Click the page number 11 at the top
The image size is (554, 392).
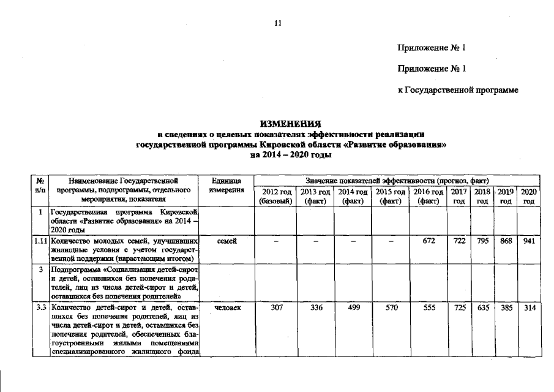point(277,23)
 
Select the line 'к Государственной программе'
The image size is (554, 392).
point(458,91)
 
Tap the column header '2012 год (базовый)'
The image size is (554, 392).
point(276,196)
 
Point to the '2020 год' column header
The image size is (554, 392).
point(528,196)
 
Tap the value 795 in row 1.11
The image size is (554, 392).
point(483,241)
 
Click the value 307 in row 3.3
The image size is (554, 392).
point(277,307)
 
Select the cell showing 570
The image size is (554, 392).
point(390,307)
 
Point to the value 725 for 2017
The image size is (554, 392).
point(459,307)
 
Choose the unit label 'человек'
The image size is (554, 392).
point(227,307)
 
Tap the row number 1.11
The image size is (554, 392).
point(40,241)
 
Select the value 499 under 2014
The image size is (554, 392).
point(353,307)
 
